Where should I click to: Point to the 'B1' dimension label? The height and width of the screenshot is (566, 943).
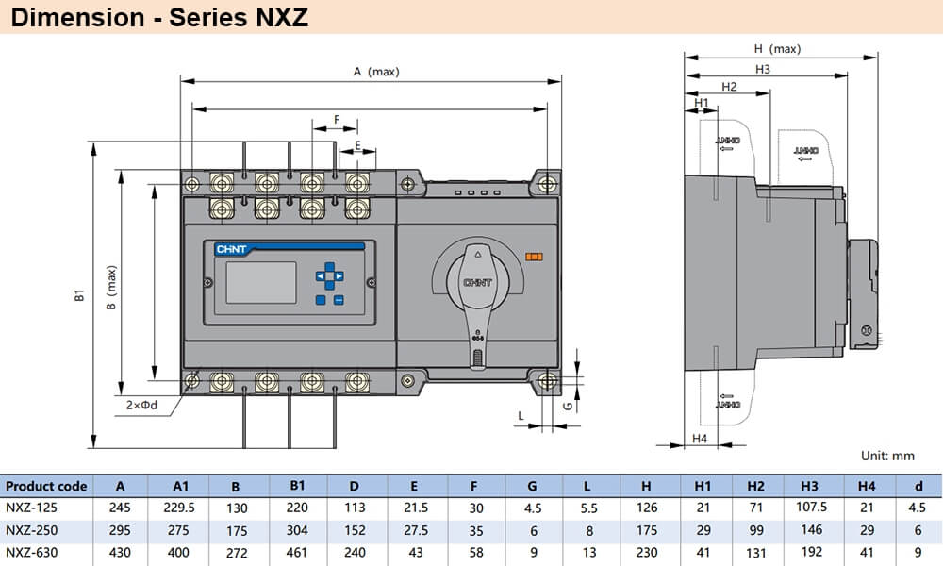[80, 297]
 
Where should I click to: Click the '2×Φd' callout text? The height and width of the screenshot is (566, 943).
[141, 406]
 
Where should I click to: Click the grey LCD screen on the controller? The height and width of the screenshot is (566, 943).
[260, 280]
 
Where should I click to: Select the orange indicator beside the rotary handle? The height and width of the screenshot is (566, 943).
[535, 257]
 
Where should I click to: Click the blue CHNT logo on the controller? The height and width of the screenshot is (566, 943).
[231, 250]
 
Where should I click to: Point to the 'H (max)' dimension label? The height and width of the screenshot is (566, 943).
[777, 48]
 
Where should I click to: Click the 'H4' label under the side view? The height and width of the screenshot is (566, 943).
[699, 439]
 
